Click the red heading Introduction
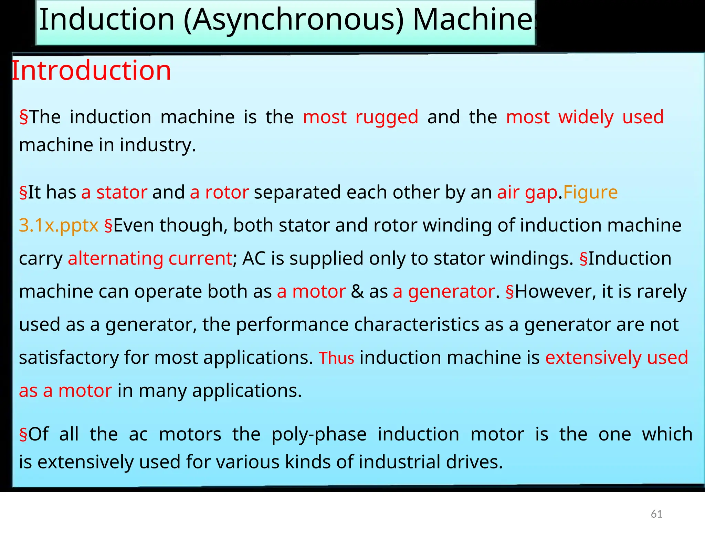[91, 71]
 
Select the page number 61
[656, 514]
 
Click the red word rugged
[387, 117]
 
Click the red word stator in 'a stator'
[122, 192]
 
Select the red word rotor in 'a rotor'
[227, 192]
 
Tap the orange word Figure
[590, 192]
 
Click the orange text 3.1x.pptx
[59, 225]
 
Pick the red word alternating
[115, 258]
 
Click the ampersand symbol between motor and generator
[357, 291]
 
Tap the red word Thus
[336, 358]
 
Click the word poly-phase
[319, 434]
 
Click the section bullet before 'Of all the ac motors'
[23, 434]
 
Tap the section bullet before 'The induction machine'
[23, 117]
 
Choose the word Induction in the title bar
[107, 20]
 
